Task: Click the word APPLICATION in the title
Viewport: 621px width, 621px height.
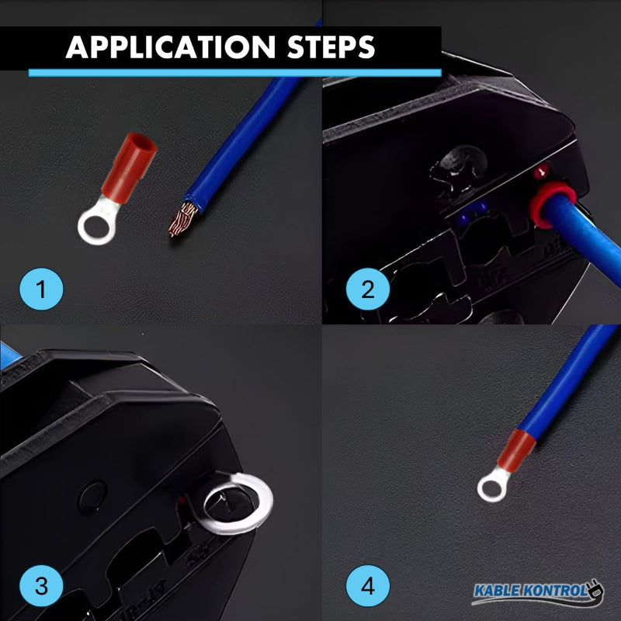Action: point(170,47)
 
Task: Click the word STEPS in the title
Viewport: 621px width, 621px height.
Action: point(329,47)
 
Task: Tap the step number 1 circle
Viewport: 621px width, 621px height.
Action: point(41,290)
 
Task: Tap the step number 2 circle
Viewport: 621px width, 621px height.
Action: point(367,290)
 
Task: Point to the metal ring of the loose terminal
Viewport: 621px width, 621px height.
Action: point(93,226)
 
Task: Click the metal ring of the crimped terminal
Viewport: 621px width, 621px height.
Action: point(491,488)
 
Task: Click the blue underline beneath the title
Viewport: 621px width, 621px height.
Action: point(233,72)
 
